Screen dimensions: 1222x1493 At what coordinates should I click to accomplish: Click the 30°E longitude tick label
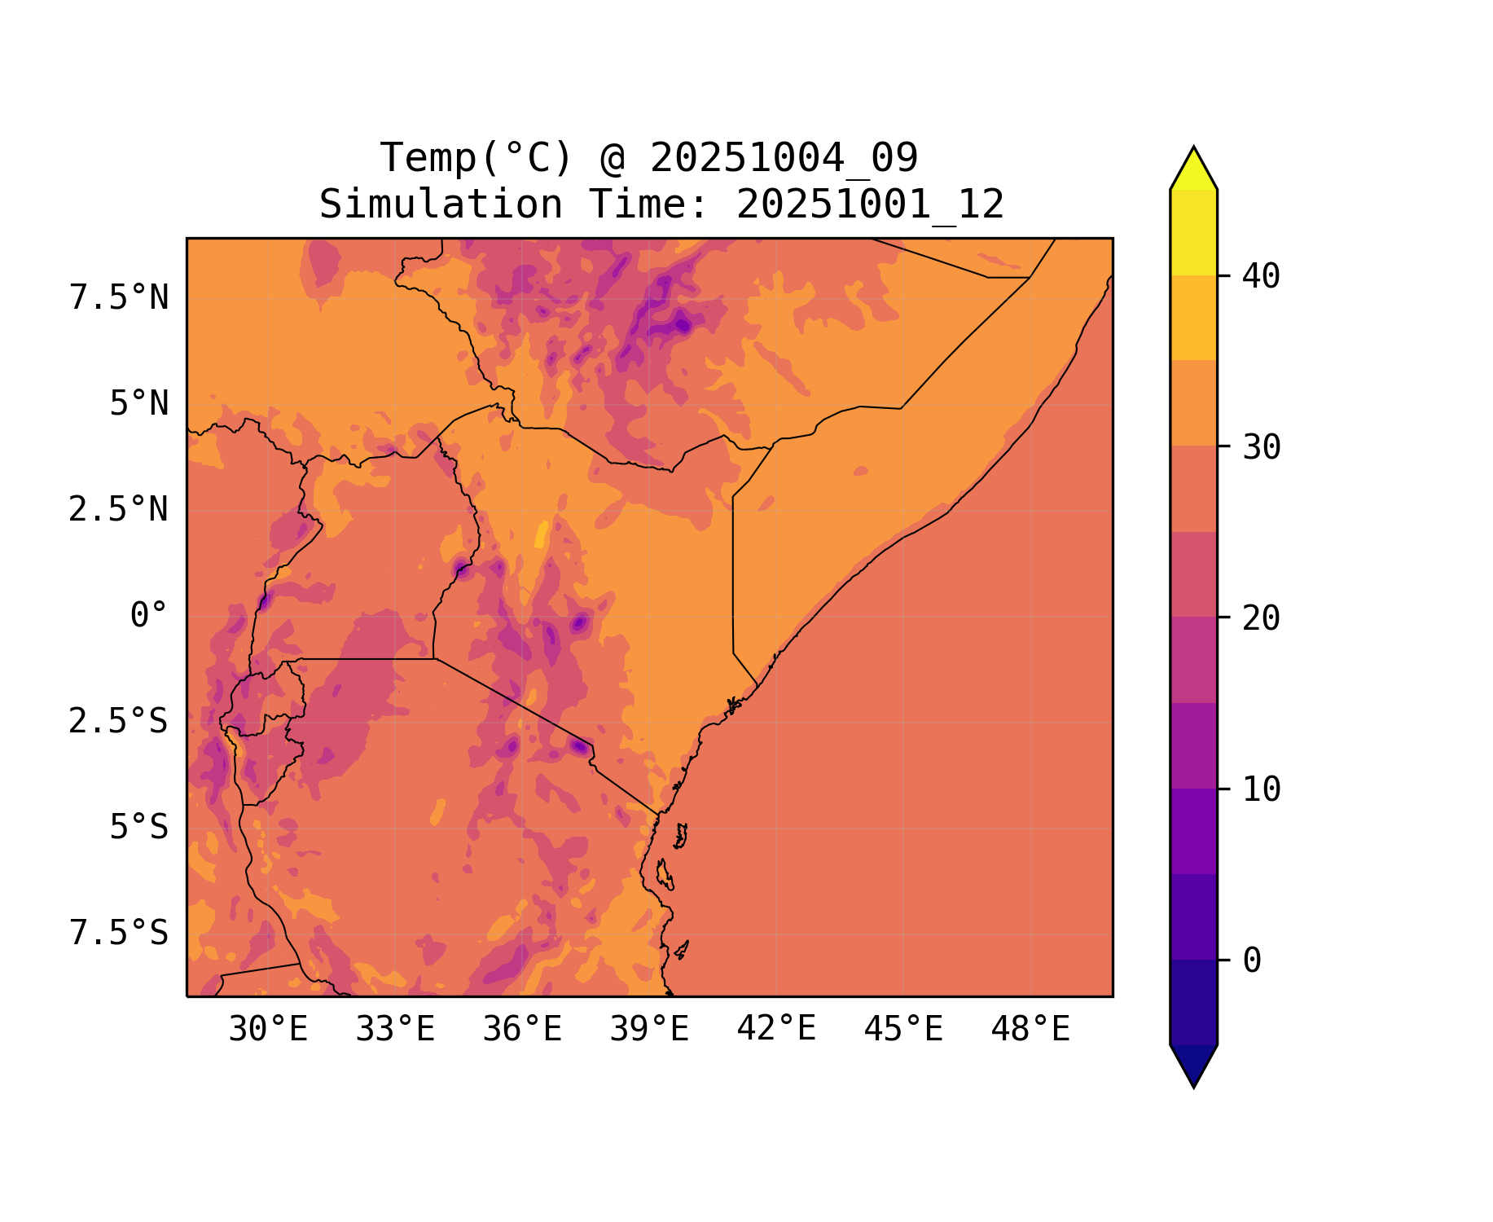pyautogui.click(x=268, y=1030)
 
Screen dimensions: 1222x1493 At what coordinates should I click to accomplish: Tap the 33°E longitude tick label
pyautogui.click(x=395, y=1030)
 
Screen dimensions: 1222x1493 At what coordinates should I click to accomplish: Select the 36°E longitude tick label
pyautogui.click(x=522, y=1030)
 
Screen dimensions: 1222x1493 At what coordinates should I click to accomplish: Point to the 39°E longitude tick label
pyautogui.click(x=649, y=1030)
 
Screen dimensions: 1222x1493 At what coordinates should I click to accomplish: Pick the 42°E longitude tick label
pyautogui.click(x=776, y=1029)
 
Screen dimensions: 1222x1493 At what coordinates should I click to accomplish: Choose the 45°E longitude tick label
pyautogui.click(x=903, y=1030)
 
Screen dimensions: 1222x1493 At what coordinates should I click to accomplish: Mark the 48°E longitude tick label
pyautogui.click(x=1030, y=1030)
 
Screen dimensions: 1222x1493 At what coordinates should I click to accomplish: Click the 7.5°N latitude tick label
pyautogui.click(x=119, y=298)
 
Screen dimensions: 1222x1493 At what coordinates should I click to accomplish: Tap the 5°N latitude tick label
pyautogui.click(x=139, y=404)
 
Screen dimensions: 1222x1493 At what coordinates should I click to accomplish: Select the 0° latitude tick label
pyautogui.click(x=149, y=616)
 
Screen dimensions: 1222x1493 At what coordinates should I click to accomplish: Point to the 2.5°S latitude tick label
pyautogui.click(x=118, y=722)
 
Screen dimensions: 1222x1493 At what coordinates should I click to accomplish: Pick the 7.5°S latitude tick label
pyautogui.click(x=119, y=934)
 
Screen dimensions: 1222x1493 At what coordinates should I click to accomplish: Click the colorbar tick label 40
pyautogui.click(x=1261, y=276)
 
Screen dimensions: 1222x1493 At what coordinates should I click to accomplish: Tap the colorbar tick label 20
pyautogui.click(x=1261, y=618)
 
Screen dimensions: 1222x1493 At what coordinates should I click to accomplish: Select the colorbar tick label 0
pyautogui.click(x=1252, y=960)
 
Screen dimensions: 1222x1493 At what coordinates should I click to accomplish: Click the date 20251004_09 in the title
pyautogui.click(x=784, y=158)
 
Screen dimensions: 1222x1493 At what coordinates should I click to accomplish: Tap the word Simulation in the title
pyautogui.click(x=441, y=204)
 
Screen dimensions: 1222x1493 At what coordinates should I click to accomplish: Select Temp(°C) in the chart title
pyautogui.click(x=476, y=158)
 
